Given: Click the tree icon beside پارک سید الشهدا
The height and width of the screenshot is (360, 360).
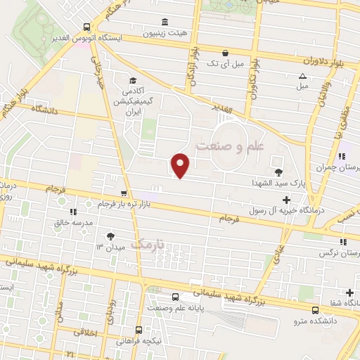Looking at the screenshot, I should click(x=279, y=172).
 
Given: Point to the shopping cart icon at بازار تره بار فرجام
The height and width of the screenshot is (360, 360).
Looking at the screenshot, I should click(x=124, y=193).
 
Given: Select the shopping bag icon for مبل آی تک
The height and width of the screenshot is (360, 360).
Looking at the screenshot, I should click(x=224, y=53).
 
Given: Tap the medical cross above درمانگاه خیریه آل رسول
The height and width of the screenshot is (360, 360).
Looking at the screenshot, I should click(x=286, y=200).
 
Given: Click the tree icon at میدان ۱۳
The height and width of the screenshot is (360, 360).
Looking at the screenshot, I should click(x=110, y=236).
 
